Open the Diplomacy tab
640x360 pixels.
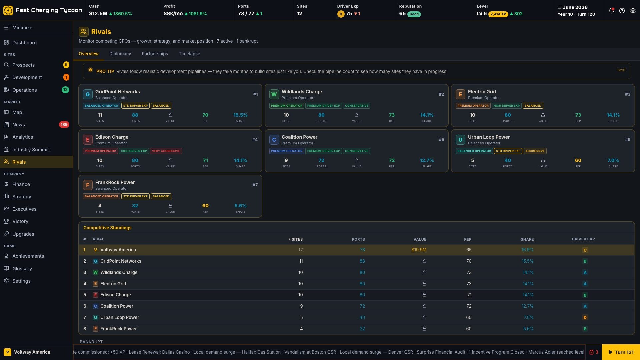point(120,54)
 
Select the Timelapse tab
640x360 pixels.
point(189,54)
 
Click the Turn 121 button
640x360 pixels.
point(621,352)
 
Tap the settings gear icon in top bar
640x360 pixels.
point(633,11)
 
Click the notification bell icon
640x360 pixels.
point(611,11)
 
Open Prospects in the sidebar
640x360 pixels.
point(23,65)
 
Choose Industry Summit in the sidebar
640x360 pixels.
point(30,150)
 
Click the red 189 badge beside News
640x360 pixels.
point(64,125)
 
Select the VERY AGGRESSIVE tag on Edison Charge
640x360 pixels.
point(166,151)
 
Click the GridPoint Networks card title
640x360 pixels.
point(117,92)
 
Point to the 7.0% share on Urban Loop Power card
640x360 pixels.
point(613,160)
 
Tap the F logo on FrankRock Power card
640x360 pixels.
point(87,185)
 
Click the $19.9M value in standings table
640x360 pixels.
point(419,250)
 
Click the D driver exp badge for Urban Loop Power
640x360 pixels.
point(585,318)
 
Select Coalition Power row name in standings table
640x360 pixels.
point(117,306)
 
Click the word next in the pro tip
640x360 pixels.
point(621,70)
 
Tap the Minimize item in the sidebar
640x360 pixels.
point(22,28)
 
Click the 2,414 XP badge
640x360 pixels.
point(498,14)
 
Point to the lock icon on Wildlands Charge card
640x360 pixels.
point(356,115)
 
